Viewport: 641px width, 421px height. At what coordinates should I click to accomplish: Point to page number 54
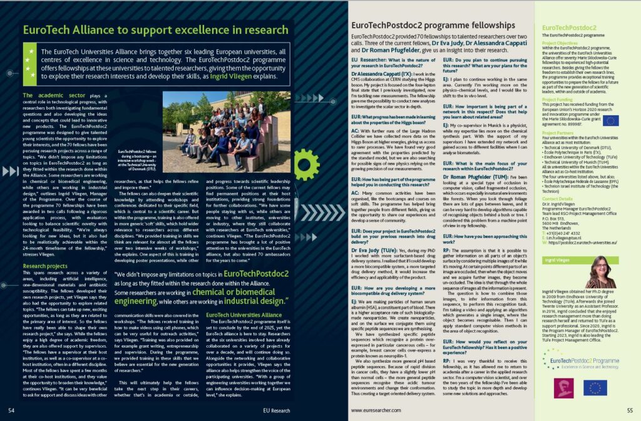pos(11,409)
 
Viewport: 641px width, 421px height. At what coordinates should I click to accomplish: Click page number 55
pos(630,409)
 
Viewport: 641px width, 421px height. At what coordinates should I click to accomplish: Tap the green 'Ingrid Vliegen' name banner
pos(556,257)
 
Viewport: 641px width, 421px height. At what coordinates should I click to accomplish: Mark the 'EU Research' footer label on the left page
pos(277,409)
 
